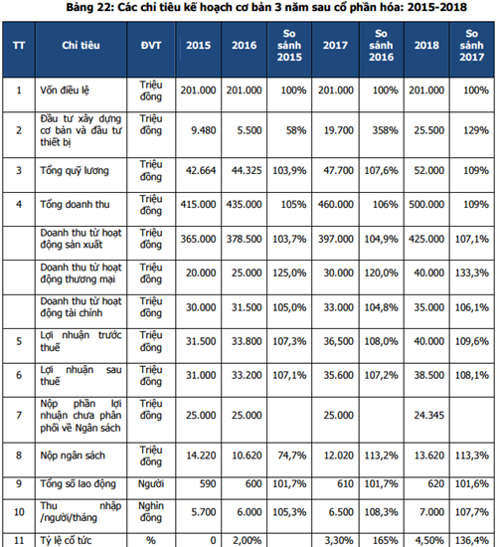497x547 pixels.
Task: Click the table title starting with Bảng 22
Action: tap(266, 7)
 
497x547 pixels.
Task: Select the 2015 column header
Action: tap(198, 46)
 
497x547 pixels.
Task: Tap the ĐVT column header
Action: tap(151, 46)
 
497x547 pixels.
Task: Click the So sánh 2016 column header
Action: tap(381, 46)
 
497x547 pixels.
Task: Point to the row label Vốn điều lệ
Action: tap(65, 91)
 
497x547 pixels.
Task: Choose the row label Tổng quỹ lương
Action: tap(75, 171)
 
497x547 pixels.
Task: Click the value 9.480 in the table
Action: tap(204, 130)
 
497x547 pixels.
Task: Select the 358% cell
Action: tap(386, 130)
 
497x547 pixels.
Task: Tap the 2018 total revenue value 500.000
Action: tap(426, 205)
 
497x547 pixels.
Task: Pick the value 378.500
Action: tap(244, 239)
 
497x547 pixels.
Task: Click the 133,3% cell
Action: tap(471, 273)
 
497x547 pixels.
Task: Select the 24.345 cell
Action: tap(429, 415)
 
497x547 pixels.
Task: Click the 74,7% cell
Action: tap(292, 456)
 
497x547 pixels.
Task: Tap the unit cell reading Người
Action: tap(151, 484)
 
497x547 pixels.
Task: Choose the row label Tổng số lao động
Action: tap(78, 484)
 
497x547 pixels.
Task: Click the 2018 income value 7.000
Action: tap(431, 512)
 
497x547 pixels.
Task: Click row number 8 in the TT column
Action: tap(19, 456)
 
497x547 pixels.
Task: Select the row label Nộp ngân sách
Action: tap(73, 456)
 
